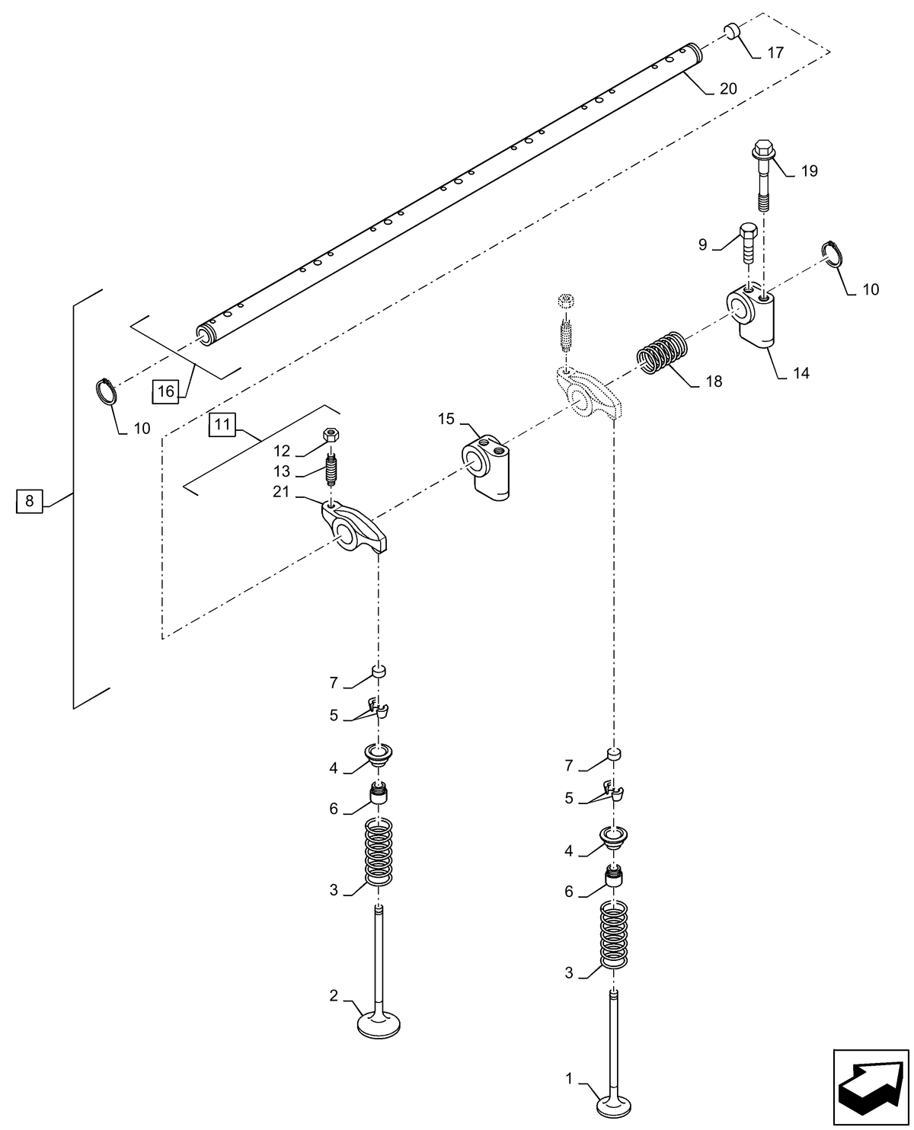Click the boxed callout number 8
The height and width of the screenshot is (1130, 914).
[x=29, y=500]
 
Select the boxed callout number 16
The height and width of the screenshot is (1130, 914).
[x=165, y=391]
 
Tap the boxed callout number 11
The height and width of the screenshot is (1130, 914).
[x=221, y=425]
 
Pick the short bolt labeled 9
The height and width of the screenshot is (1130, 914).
[x=748, y=241]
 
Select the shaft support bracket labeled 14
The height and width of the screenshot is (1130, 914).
[x=753, y=317]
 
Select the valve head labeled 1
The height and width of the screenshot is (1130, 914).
[x=615, y=1103]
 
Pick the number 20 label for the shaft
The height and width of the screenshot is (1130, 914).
[x=727, y=89]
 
